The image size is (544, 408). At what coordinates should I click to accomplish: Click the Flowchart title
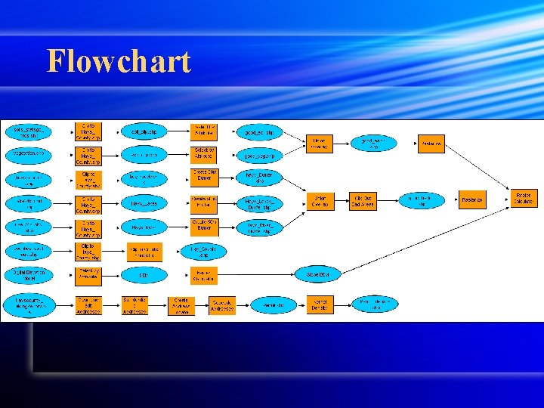coord(119,61)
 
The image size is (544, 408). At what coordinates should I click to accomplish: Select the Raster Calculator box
coord(524,199)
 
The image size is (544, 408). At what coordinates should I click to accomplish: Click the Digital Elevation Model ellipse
coord(29,275)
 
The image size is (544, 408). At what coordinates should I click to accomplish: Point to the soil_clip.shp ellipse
coord(144,131)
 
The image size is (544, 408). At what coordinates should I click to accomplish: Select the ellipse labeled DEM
coord(144,276)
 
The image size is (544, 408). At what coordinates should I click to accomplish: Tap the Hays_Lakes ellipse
coord(144,203)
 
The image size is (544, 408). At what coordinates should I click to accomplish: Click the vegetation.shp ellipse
coord(29,154)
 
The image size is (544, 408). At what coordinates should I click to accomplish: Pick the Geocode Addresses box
coord(222,304)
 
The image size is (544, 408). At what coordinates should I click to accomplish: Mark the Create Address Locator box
coord(181,304)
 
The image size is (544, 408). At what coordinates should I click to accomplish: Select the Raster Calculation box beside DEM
coord(202,276)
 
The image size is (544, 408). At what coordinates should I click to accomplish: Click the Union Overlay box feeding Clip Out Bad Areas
coord(320,202)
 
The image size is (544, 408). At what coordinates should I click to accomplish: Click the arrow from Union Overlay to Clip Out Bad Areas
coord(342,202)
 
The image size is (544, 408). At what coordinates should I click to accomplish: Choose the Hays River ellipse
coord(144,227)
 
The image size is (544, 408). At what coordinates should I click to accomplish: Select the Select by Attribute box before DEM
coord(88,276)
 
